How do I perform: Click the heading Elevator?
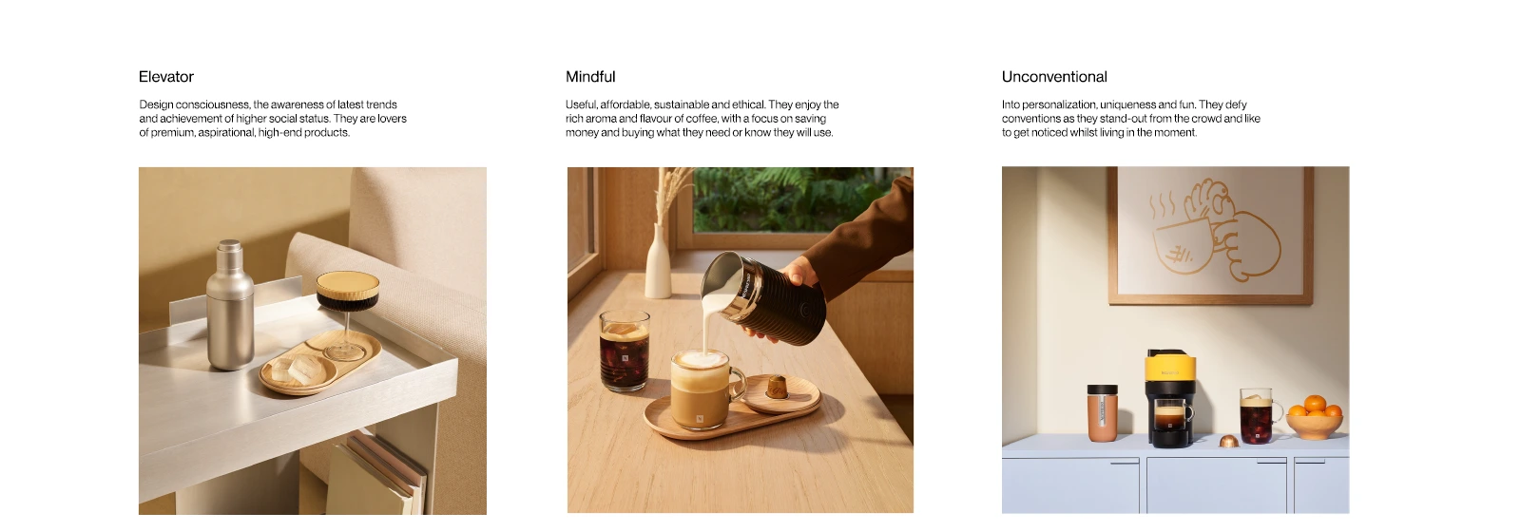(166, 77)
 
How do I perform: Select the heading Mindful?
(590, 77)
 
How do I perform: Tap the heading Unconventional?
(1054, 77)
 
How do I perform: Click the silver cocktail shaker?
(230, 305)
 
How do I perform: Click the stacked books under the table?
(376, 475)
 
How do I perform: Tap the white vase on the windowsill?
(657, 261)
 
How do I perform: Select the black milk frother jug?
(767, 297)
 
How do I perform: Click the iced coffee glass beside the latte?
(624, 351)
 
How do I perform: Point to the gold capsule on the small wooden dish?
(777, 386)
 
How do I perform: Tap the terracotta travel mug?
(1102, 412)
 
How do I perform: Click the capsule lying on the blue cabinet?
(1227, 441)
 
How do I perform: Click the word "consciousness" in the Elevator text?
(213, 104)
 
